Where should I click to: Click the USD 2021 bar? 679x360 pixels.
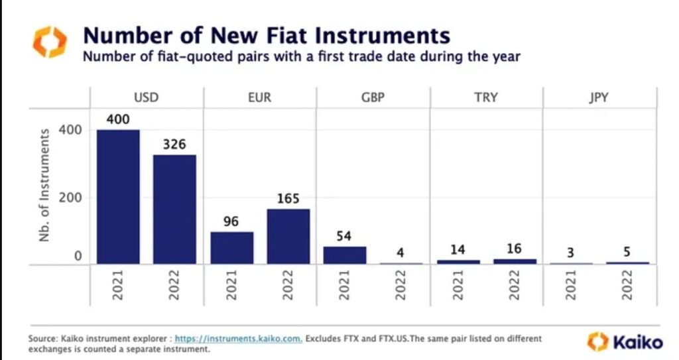118,197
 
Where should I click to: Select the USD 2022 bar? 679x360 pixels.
174,210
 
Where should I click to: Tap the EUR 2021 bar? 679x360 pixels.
231,248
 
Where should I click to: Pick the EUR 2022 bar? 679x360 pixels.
288,237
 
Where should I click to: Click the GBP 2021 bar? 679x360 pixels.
344,255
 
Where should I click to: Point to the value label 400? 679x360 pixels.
118,120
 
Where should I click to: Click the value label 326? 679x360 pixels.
174,145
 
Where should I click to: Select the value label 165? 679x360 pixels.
288,198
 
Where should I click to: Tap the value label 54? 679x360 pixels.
344,236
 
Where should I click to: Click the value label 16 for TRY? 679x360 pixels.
514,249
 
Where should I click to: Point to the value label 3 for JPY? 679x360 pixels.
571,252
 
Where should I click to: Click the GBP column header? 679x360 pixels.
373,98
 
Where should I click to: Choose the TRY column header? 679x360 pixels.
486,98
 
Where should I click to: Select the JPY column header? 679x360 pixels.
599,98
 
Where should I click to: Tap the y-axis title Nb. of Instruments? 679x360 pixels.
45,184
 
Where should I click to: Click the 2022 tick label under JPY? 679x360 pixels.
627,285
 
